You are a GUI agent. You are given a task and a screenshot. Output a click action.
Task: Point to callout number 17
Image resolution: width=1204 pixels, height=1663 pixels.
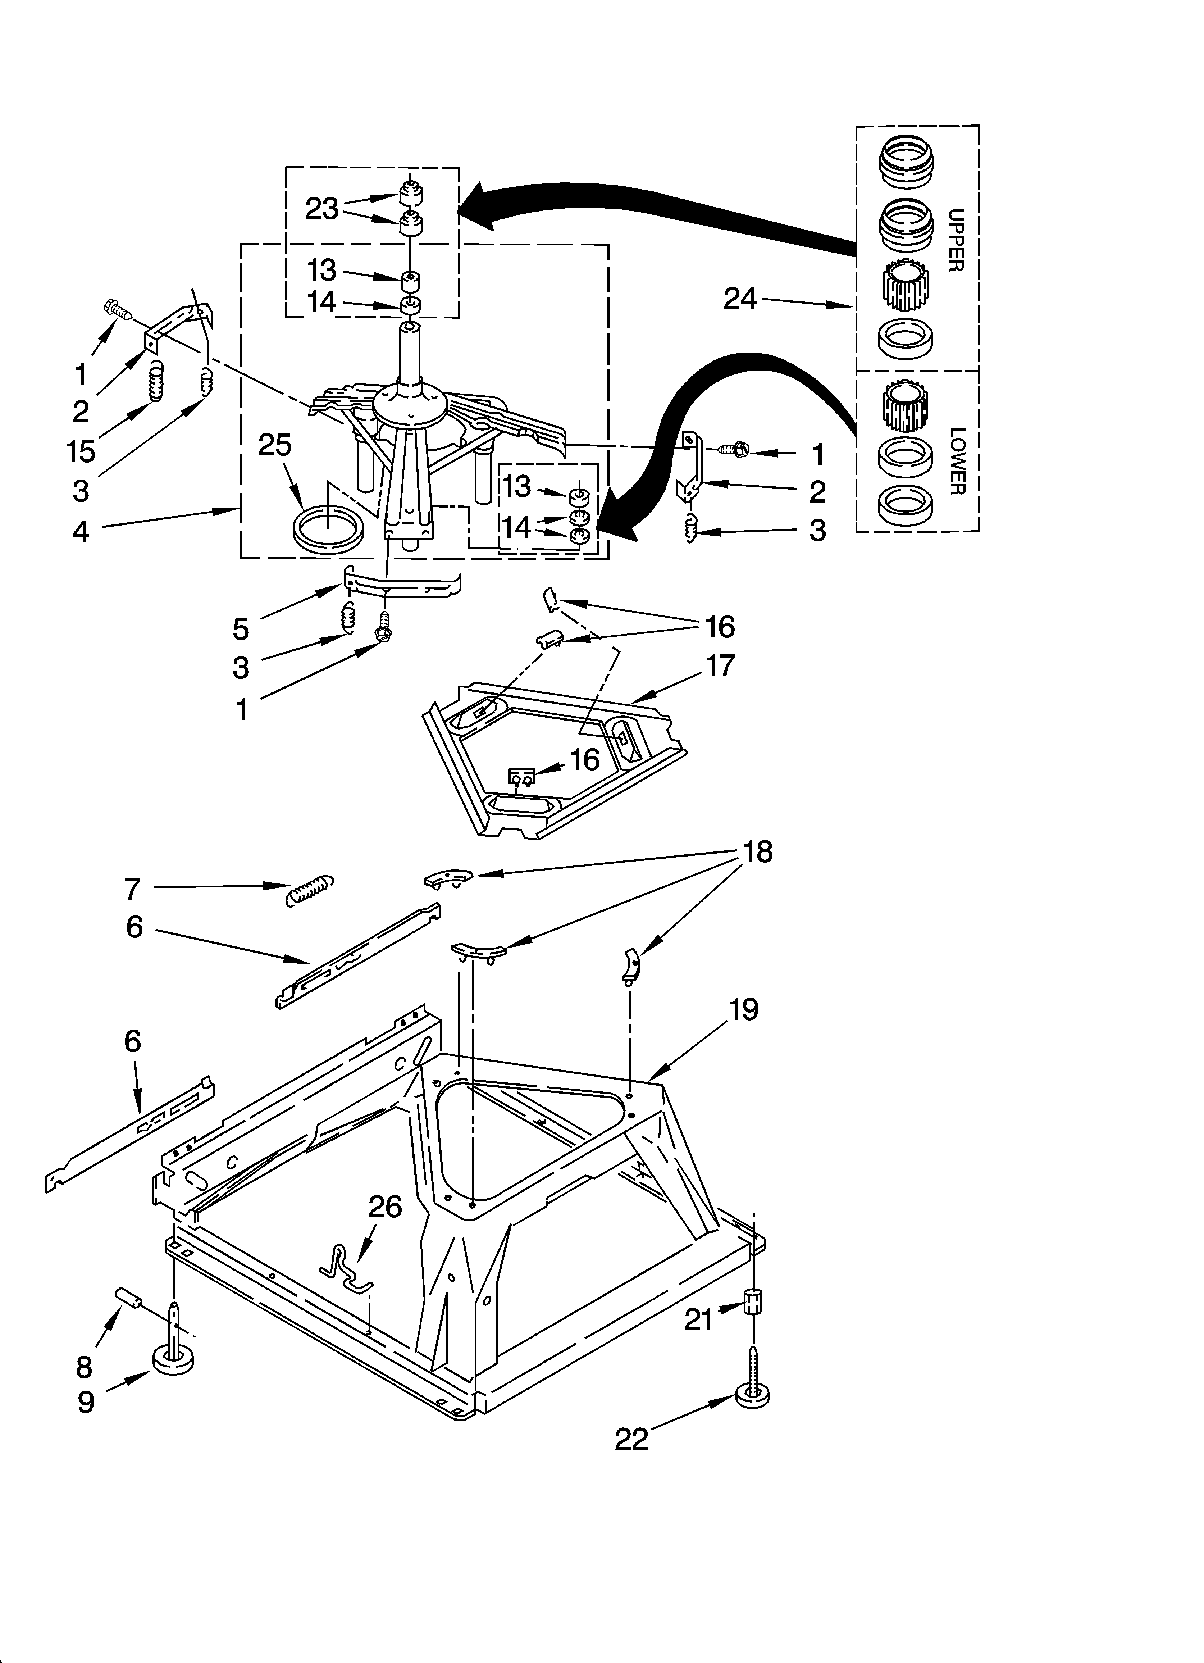coord(720,666)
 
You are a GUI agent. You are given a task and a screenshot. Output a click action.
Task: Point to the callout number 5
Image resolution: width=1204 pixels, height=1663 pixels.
coord(241,628)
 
